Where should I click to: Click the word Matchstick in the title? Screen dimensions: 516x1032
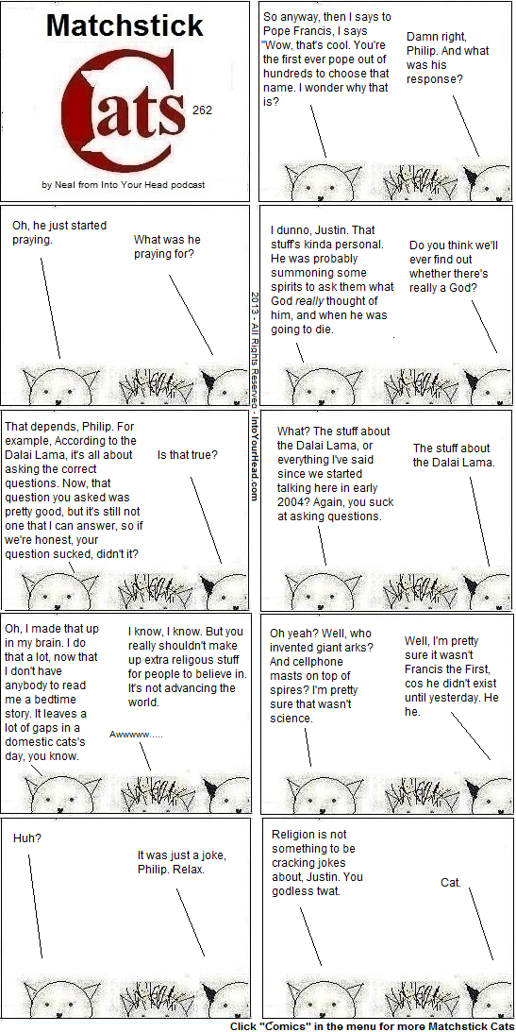125,25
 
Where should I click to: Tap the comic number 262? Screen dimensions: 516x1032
203,110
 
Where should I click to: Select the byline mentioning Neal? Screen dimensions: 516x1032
123,185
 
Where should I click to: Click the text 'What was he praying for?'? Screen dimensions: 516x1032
167,246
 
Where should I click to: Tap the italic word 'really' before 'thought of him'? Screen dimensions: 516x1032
321,301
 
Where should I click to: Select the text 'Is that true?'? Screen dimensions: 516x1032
188,454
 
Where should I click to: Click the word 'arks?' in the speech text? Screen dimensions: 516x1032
360,647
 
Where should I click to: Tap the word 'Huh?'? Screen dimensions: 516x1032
27,838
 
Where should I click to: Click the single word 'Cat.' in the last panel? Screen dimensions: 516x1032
451,883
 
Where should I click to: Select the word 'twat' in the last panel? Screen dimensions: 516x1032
328,892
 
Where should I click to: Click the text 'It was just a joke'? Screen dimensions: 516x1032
182,854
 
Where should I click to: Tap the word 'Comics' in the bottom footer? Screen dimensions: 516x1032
285,1026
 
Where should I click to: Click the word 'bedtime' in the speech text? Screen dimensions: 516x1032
59,699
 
